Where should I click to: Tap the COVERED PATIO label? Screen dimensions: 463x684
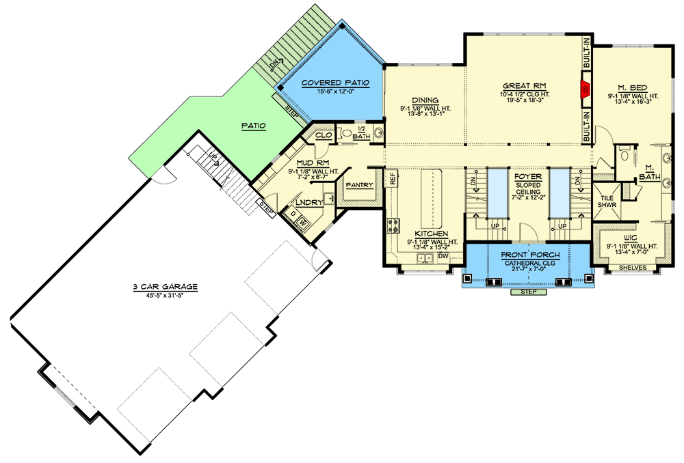point(335,83)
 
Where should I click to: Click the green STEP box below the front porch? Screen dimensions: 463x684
point(528,292)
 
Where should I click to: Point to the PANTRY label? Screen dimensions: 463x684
point(358,185)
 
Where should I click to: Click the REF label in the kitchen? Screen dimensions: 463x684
point(393,179)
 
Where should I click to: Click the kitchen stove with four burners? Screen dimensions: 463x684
point(395,227)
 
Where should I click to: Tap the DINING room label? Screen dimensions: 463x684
point(425,100)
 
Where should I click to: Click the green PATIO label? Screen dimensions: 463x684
point(252,126)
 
